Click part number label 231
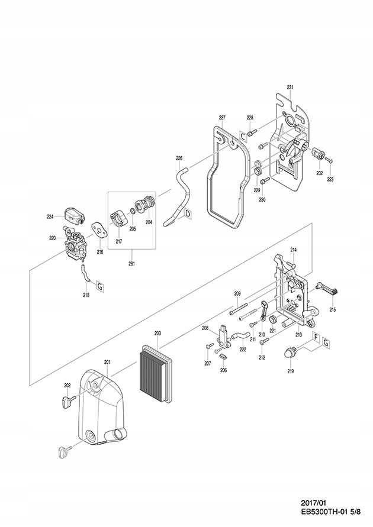coord(290,87)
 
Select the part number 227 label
coord(222,117)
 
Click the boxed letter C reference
coord(243,136)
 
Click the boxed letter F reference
coord(316,340)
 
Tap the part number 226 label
coord(179,159)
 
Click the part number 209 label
coord(237,293)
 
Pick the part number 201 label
coord(107,362)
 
